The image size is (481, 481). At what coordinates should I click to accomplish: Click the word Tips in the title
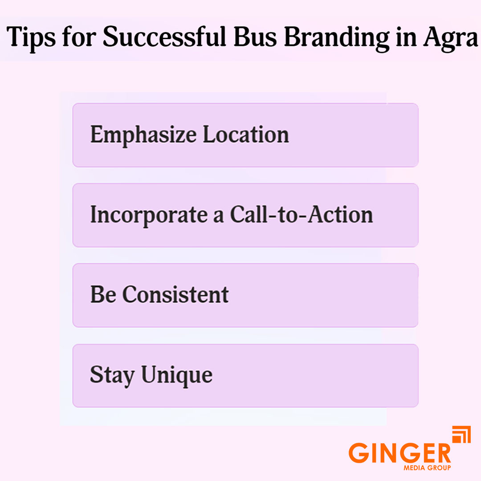pos(31,37)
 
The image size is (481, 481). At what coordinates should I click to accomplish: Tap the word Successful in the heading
pos(166,37)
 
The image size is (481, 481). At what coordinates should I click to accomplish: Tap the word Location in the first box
pos(246,134)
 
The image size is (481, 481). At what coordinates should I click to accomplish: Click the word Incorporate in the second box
pos(147,215)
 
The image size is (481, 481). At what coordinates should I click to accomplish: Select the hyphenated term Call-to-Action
pos(302,215)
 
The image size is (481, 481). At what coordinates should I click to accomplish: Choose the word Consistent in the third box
pos(175,294)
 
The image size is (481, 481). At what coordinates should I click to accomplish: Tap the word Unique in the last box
pos(177,375)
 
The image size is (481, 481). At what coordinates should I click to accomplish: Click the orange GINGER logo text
pos(399,452)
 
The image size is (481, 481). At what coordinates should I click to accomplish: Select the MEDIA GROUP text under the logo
pos(427,468)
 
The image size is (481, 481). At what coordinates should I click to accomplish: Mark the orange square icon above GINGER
pos(461,435)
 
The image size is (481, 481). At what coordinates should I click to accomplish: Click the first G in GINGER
pos(359,453)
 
